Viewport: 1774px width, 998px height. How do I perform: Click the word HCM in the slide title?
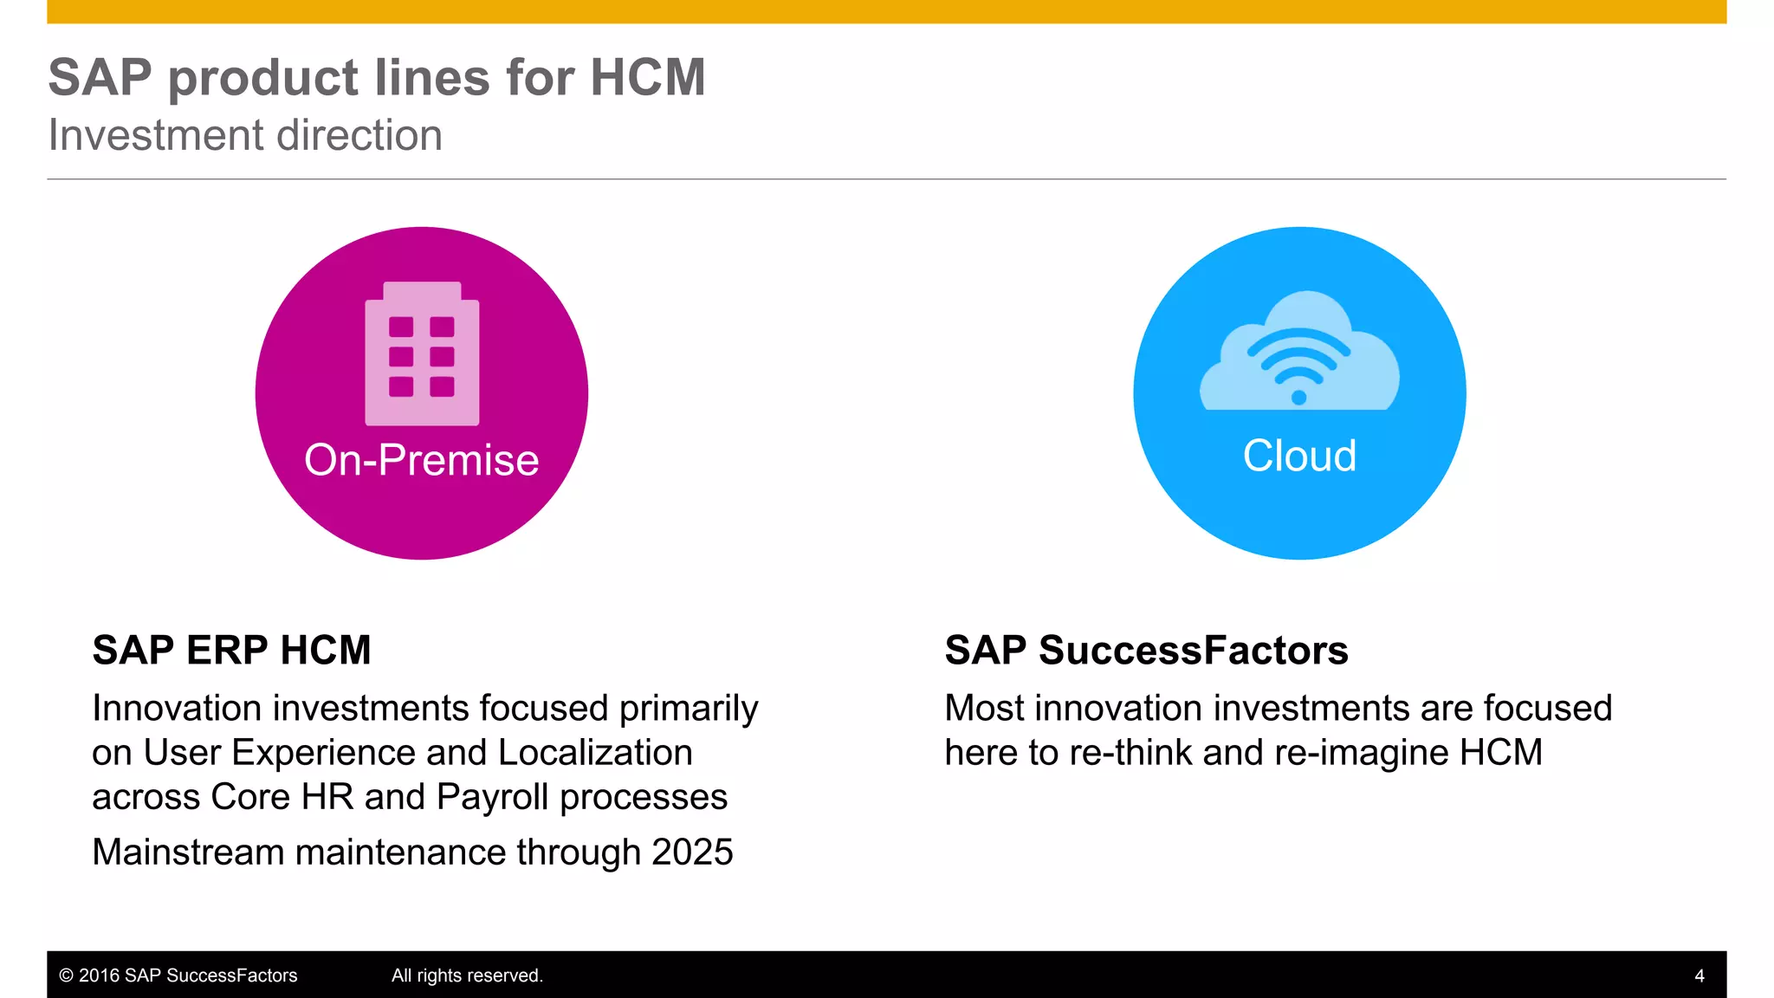click(647, 78)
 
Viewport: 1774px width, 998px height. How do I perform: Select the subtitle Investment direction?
click(245, 136)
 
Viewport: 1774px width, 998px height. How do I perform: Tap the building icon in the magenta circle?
click(422, 353)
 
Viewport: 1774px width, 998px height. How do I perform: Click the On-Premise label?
click(422, 460)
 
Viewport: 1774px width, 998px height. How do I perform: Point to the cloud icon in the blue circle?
click(1299, 351)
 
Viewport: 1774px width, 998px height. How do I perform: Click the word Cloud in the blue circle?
click(1299, 456)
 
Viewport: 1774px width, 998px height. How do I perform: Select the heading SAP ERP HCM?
click(231, 651)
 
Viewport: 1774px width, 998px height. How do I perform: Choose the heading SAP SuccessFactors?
click(1146, 651)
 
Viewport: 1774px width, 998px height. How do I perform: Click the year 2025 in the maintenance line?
click(692, 852)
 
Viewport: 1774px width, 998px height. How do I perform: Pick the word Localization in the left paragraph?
click(595, 753)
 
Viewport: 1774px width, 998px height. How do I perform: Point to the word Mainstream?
click(188, 852)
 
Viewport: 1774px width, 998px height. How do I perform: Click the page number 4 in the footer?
click(1699, 976)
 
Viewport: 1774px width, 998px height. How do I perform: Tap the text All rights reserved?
click(467, 975)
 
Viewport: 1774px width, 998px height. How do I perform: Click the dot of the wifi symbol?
click(1298, 398)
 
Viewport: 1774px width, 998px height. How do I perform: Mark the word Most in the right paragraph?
click(984, 709)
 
